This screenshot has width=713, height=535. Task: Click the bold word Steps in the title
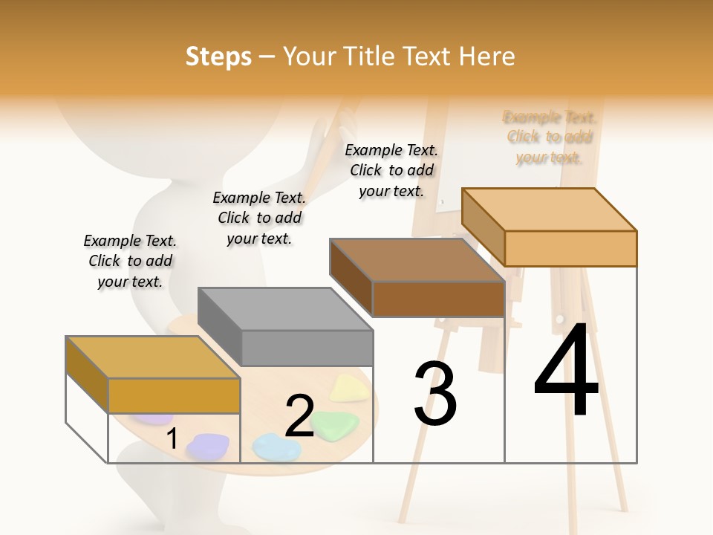pos(218,57)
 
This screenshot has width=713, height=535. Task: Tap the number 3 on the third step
pos(435,394)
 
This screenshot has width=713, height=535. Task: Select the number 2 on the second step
pos(299,416)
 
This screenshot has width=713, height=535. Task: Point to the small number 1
pos(172,438)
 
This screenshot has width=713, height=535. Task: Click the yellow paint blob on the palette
pos(345,387)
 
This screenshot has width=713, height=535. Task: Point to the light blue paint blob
pos(276,446)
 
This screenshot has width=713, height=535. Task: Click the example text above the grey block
pos(259,218)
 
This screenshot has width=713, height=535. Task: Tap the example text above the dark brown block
pos(391,170)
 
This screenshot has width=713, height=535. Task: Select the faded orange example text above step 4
pos(550,137)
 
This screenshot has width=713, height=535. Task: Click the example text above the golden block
pos(130,261)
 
